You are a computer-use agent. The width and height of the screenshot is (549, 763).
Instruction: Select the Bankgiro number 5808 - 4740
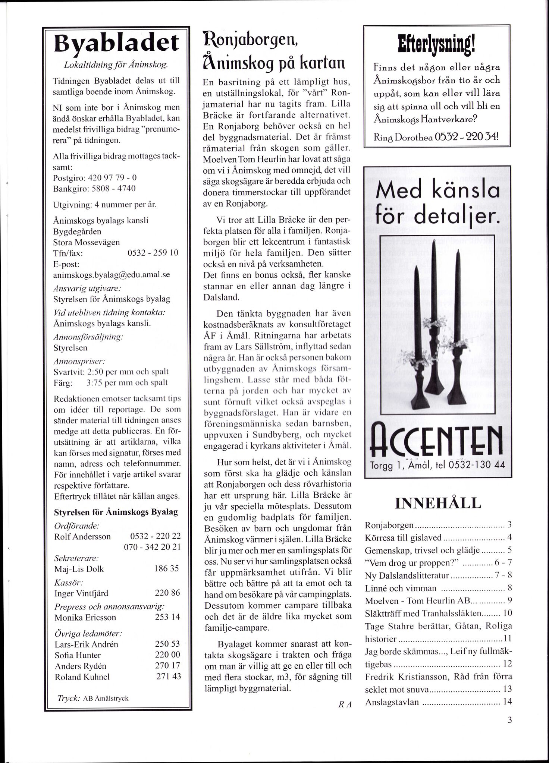116,189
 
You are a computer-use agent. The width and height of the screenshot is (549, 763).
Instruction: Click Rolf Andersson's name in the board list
82,536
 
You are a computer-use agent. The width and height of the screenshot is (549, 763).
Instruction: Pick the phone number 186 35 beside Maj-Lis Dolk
166,568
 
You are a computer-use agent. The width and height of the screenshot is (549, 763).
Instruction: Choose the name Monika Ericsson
85,617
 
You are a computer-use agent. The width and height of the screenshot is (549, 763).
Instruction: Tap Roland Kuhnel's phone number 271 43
168,676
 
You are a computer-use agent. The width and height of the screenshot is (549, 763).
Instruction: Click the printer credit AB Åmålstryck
106,699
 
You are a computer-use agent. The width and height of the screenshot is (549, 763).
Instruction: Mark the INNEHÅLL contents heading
437,504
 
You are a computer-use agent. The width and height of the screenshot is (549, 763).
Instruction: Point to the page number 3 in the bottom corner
509,721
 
